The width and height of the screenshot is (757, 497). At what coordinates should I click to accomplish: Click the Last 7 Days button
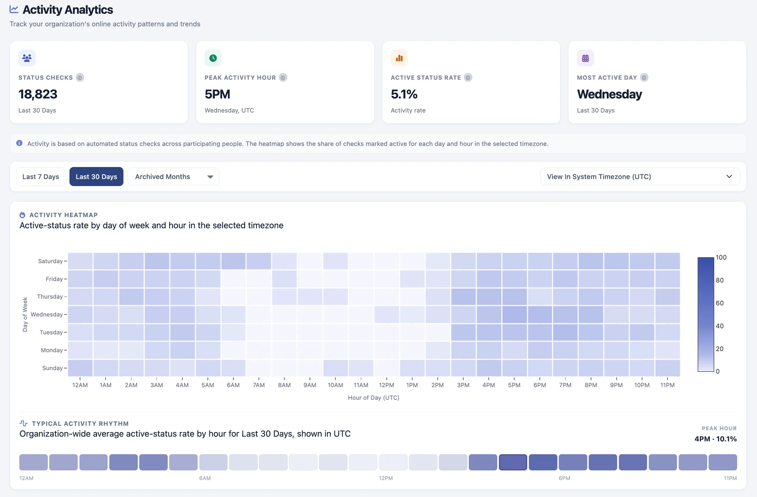(x=41, y=177)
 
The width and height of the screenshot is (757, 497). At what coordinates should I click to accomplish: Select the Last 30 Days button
(x=96, y=177)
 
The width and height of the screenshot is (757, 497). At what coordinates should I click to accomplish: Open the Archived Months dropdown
(x=173, y=177)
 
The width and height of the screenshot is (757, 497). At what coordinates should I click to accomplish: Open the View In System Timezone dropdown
(x=640, y=177)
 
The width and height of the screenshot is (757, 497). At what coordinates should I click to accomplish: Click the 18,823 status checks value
(x=38, y=94)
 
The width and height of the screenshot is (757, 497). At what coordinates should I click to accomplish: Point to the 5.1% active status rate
(x=404, y=94)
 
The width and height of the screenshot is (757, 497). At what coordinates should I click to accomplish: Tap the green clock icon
(x=213, y=58)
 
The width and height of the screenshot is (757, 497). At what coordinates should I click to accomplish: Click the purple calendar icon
(x=585, y=58)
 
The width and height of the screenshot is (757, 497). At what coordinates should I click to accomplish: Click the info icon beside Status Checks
(x=80, y=78)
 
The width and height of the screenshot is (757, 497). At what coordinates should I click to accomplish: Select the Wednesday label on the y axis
(x=47, y=315)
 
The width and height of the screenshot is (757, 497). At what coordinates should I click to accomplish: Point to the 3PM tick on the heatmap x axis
(x=463, y=385)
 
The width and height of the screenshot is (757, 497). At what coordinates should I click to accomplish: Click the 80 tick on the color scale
(x=720, y=280)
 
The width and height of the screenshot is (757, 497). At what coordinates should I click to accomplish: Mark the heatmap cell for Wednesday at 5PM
(x=514, y=315)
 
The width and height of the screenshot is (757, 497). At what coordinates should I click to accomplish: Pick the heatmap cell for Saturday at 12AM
(x=80, y=261)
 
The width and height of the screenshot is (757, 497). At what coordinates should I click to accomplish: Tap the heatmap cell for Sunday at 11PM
(x=668, y=368)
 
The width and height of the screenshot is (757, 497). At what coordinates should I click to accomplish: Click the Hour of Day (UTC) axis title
(x=374, y=398)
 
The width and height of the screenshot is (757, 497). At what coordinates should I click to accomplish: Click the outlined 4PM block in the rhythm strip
(x=513, y=462)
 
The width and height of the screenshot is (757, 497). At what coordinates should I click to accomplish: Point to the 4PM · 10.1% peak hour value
(x=716, y=439)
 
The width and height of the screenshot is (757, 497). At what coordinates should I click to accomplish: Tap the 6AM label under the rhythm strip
(x=205, y=478)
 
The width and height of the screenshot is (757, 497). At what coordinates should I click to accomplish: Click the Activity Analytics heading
(x=68, y=9)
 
